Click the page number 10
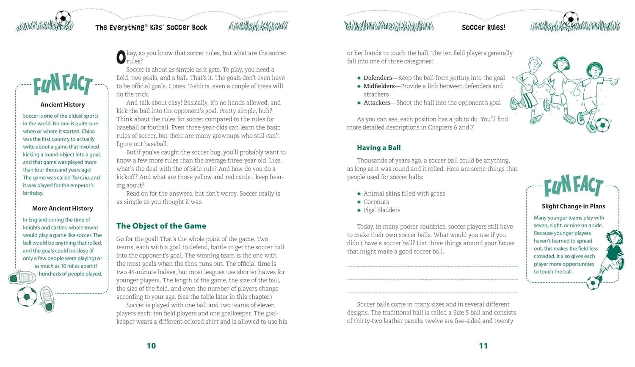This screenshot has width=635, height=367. click(151, 346)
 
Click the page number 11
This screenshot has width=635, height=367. click(483, 346)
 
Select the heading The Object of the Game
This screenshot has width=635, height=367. click(161, 226)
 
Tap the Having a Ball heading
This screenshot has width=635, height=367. click(378, 148)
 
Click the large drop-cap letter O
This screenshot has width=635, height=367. click(121, 57)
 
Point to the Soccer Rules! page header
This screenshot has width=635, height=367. click(483, 28)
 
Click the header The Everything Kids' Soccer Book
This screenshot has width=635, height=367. click(151, 28)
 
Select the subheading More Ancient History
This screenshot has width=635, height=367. click(63, 208)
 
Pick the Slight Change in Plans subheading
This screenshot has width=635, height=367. click(573, 206)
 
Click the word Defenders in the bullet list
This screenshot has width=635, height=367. click(378, 78)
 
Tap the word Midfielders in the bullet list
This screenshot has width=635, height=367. click(379, 86)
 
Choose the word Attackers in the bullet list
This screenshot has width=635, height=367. click(377, 102)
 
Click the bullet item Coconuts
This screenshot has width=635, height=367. click(376, 202)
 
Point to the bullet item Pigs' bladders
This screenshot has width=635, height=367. click(381, 210)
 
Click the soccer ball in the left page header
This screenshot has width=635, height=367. click(63, 18)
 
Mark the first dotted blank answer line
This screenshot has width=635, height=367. click(432, 266)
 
